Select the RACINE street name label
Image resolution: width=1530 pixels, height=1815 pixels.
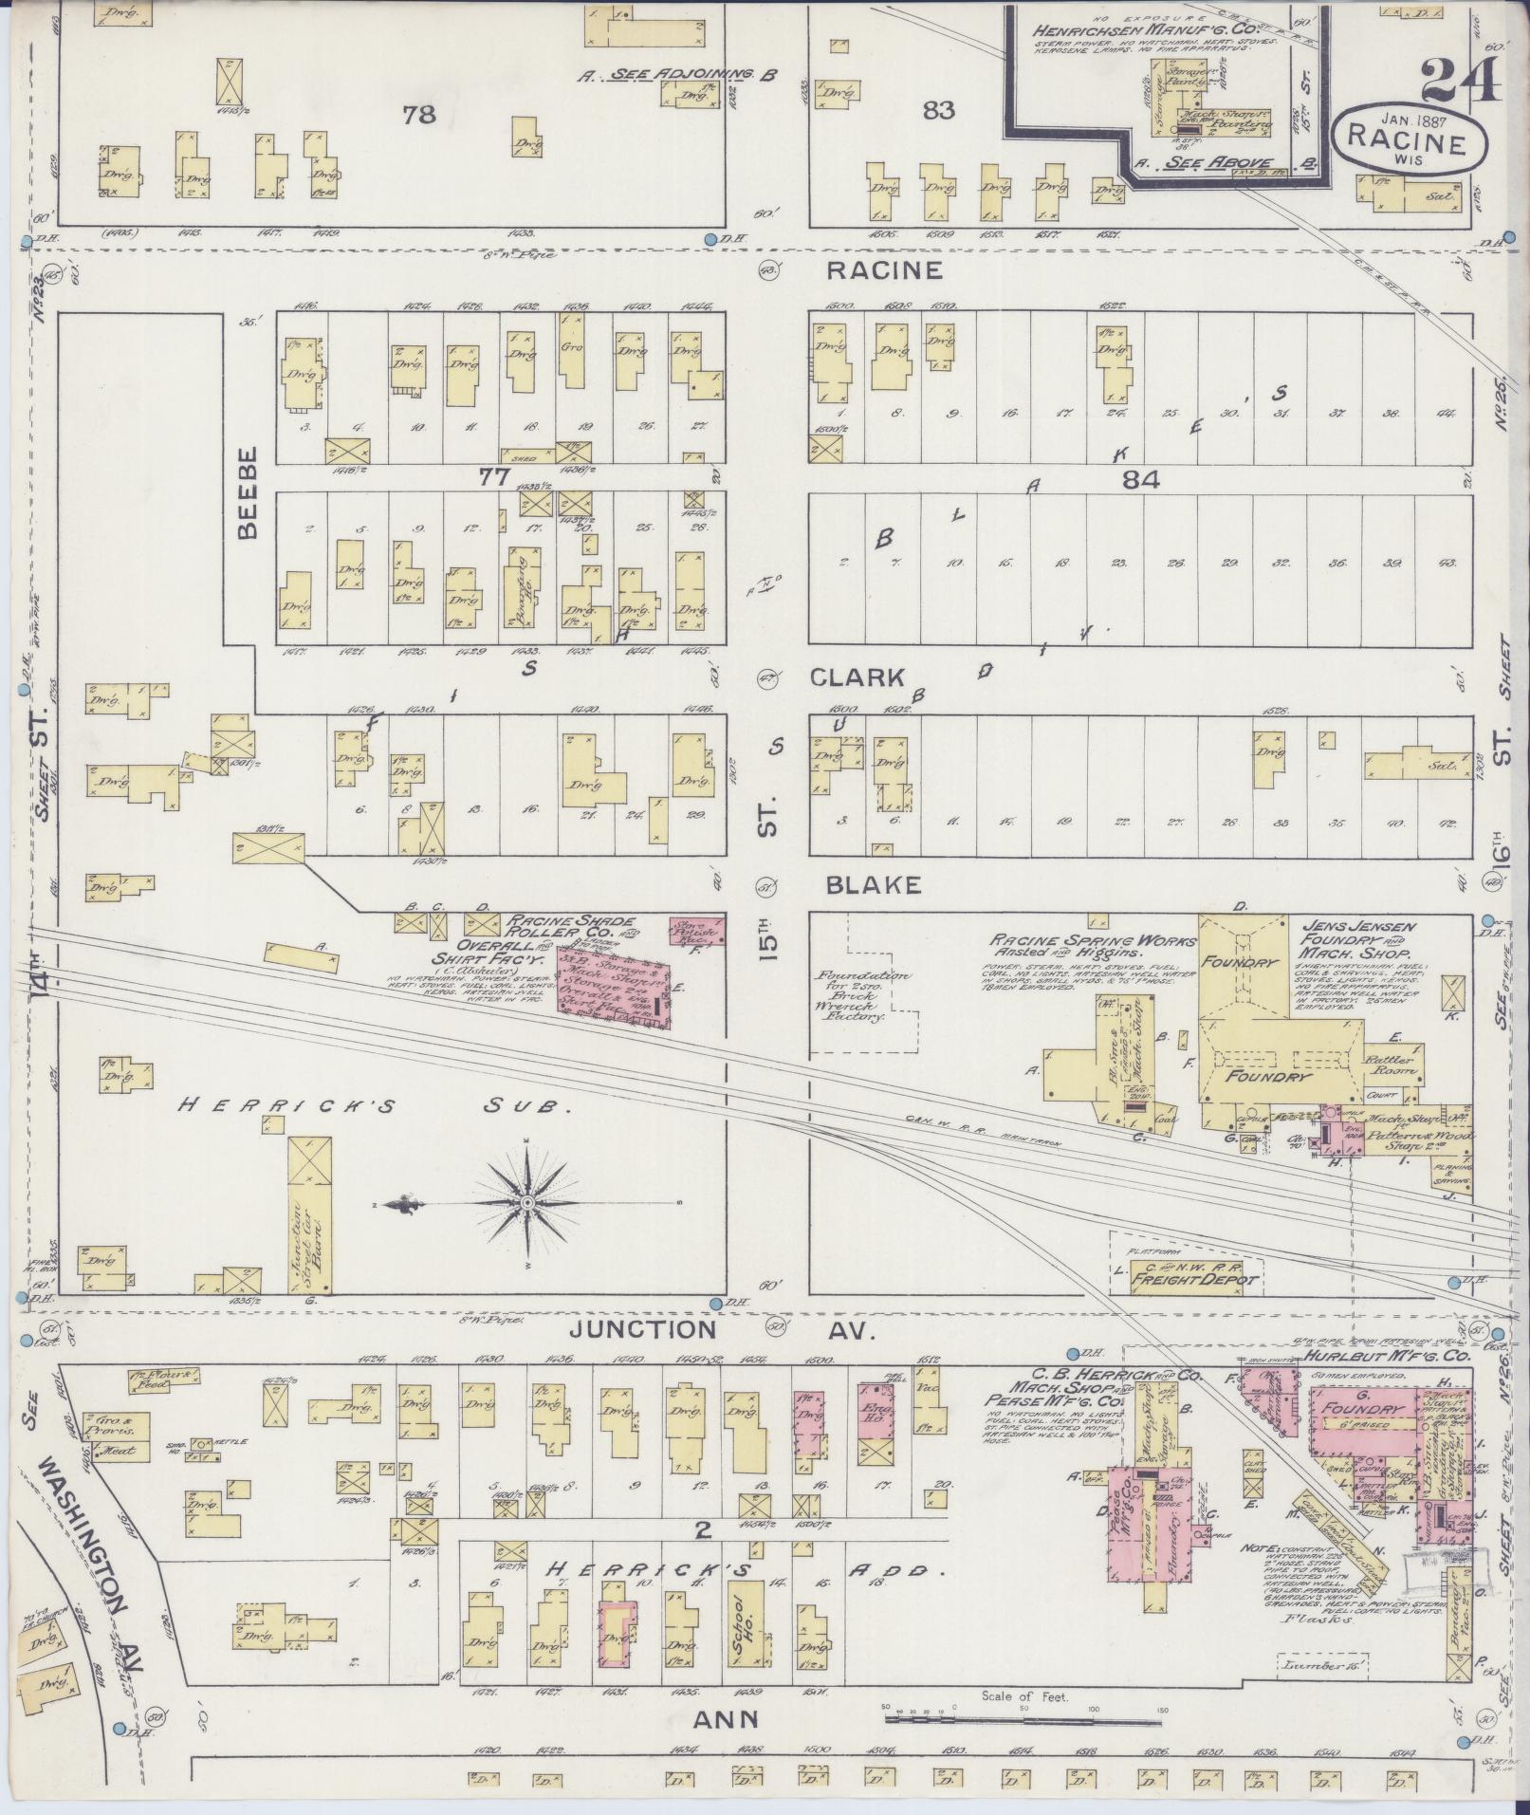point(884,270)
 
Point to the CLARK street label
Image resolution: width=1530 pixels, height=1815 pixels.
point(857,677)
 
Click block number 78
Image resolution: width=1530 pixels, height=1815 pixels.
point(418,115)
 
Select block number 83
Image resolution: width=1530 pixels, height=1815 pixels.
point(937,111)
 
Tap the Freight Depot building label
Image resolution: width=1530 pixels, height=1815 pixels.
point(1193,1279)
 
